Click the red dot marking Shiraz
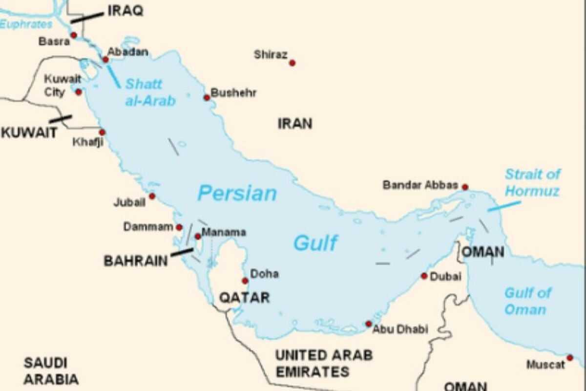coord(292,63)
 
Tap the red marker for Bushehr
coord(207,98)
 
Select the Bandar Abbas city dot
coord(465,187)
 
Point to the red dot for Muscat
coord(569,358)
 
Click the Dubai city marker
coord(424,276)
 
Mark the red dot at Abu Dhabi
coord(369,324)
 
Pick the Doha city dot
coord(245,281)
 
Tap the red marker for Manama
coord(197,237)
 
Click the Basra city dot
coord(74,35)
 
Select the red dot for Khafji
coord(102,132)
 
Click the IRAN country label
coord(294,123)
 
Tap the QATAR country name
coord(244,297)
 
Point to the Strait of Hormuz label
coord(532,182)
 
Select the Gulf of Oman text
coord(527,301)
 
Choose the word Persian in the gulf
coord(237,194)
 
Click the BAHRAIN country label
coord(135,261)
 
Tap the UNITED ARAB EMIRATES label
coord(324,363)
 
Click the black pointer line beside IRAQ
coord(87,18)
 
